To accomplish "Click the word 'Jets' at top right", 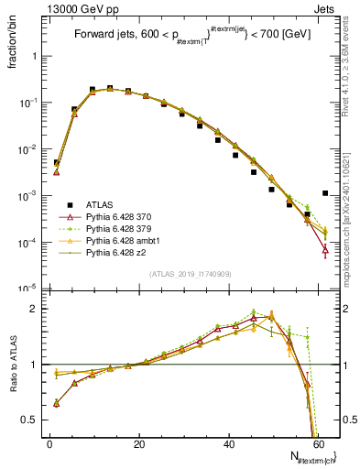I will tap(325, 7).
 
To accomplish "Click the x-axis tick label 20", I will tap(139, 443).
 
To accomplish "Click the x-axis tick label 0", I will tap(50, 443).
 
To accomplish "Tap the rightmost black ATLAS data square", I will tap(326, 193).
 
